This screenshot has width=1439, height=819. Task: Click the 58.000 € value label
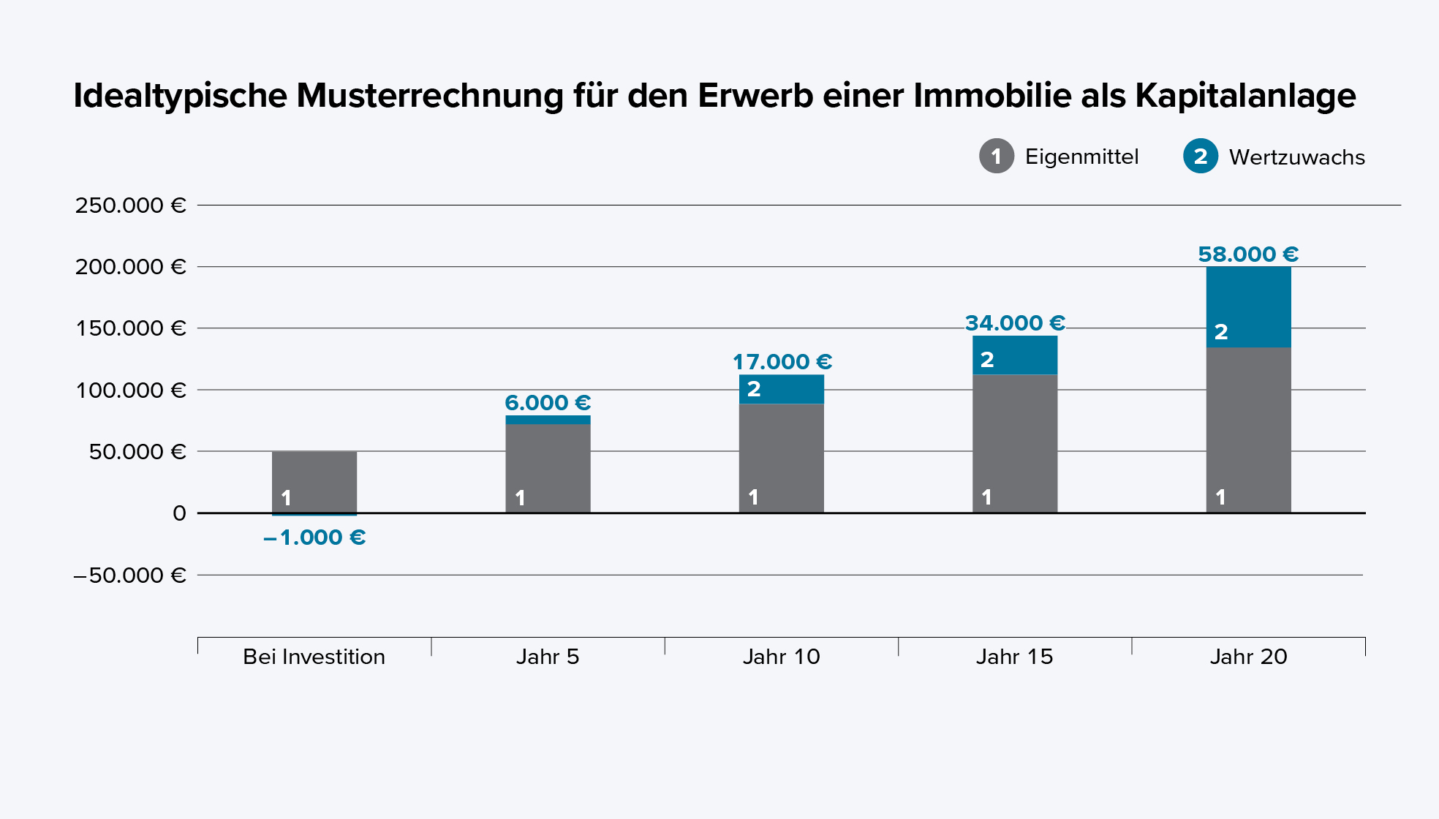(1247, 254)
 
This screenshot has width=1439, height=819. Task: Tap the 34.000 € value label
(1014, 323)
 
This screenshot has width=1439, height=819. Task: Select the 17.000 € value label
(782, 362)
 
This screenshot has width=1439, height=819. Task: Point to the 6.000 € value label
(548, 403)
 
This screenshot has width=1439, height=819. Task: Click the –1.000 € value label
(314, 537)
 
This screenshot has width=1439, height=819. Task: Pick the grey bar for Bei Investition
(314, 475)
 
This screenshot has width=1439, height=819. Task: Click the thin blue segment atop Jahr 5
(548, 420)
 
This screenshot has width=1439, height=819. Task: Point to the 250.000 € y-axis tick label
(130, 205)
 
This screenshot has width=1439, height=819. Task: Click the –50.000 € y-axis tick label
(130, 575)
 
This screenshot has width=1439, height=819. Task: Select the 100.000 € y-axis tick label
(130, 390)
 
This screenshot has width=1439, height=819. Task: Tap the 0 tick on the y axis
(179, 513)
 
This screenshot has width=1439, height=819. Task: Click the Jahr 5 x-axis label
(548, 657)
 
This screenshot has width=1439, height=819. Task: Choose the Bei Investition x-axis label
(314, 657)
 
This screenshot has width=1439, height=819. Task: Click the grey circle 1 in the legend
(996, 156)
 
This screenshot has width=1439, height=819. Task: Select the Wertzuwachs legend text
(1296, 157)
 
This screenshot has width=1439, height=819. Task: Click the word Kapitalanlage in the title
(1245, 96)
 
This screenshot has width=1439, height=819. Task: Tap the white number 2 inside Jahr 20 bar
(1220, 332)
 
